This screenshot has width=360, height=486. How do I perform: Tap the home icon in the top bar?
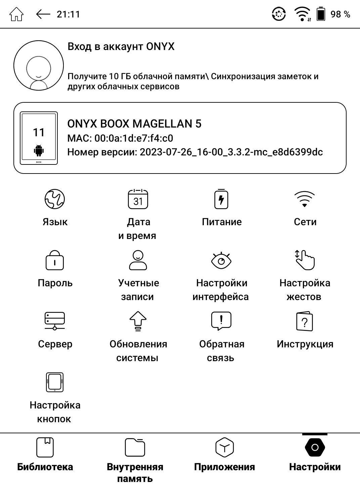tap(16, 14)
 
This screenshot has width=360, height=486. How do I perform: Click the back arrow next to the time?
tap(43, 14)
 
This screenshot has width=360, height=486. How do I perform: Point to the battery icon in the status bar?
tap(321, 14)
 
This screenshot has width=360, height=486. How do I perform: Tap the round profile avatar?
tap(39, 65)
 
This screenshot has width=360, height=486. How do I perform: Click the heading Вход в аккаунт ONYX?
tap(121, 46)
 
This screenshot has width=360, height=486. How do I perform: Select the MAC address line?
tap(120, 138)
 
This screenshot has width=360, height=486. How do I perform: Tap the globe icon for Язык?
tap(55, 199)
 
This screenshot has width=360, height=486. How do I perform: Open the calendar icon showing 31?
tap(138, 199)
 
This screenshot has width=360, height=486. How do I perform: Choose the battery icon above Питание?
tap(221, 199)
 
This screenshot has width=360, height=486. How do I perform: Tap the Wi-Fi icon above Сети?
tap(305, 199)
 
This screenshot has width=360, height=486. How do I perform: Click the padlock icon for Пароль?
tap(55, 260)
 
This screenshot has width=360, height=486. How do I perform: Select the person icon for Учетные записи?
tap(138, 260)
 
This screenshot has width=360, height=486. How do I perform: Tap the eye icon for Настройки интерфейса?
tap(221, 260)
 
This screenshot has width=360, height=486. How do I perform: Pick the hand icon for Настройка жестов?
tap(305, 260)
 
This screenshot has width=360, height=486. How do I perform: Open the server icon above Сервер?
tap(55, 321)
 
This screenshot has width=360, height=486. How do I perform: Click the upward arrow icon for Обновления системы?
tap(138, 321)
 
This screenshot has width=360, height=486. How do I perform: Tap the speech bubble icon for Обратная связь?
tap(221, 321)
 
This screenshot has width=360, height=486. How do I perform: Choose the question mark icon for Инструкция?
tap(305, 321)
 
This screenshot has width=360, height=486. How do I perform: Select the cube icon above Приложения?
tap(224, 447)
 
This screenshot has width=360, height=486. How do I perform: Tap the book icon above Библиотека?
tap(45, 447)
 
